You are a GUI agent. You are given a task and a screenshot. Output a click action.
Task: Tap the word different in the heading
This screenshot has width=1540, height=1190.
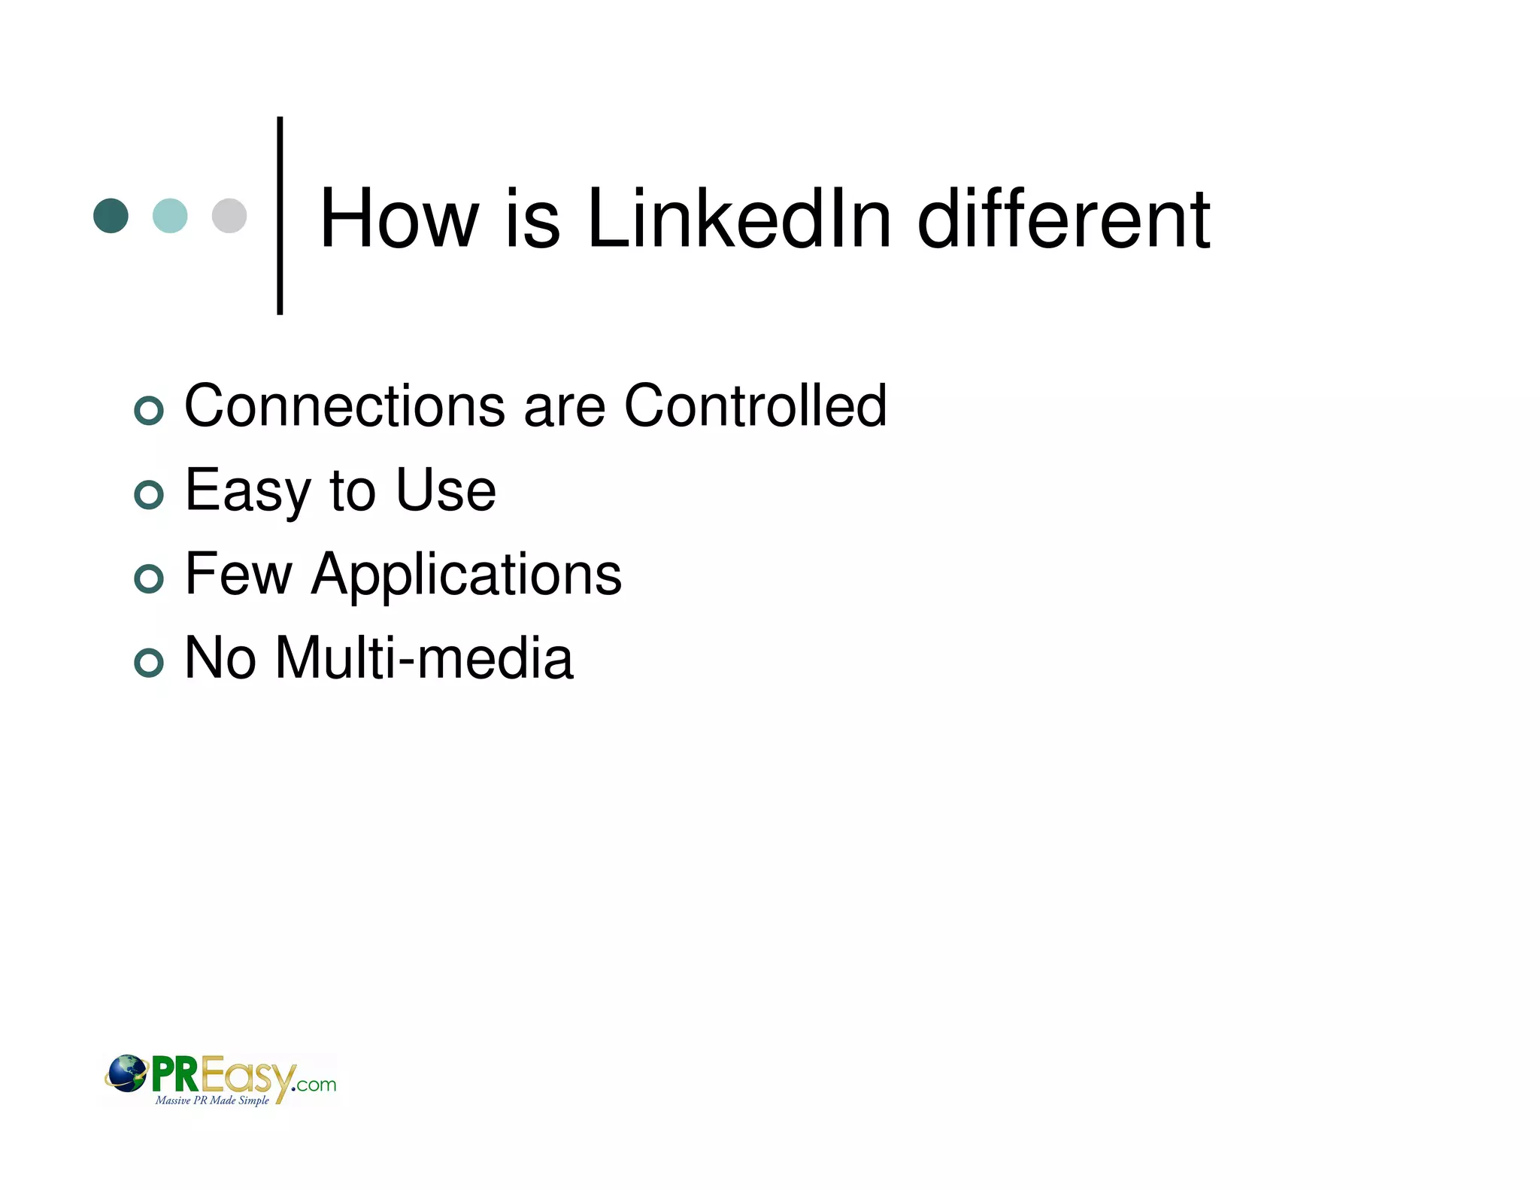[1063, 219]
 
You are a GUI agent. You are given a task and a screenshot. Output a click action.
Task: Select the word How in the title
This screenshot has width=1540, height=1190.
[399, 219]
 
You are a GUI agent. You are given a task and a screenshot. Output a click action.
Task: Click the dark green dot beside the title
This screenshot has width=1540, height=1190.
[111, 216]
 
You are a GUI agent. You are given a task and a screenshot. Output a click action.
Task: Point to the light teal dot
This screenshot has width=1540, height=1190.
[170, 216]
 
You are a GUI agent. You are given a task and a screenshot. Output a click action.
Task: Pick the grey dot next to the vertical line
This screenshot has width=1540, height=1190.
[229, 216]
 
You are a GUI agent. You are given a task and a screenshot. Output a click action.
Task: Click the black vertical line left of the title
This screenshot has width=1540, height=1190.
[280, 215]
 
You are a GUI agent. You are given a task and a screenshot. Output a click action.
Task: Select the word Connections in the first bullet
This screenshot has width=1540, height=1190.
[344, 406]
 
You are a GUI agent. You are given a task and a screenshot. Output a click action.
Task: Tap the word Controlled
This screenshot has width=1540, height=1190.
[756, 406]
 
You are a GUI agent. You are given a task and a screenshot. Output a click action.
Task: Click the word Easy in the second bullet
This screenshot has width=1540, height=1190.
[247, 491]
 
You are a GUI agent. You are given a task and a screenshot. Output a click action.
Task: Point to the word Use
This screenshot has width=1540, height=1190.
[446, 490]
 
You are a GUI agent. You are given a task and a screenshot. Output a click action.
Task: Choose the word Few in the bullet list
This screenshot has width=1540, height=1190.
[238, 574]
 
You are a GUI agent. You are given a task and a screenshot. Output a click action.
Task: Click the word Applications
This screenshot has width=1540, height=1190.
[466, 575]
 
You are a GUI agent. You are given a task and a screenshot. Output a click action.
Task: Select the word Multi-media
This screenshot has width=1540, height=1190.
[424, 658]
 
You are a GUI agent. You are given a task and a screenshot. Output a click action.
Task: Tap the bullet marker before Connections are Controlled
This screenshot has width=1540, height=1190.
[149, 411]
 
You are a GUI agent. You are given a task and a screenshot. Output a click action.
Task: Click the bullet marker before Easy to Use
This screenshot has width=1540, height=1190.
[149, 495]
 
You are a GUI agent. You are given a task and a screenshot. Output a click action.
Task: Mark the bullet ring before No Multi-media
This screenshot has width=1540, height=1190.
[149, 663]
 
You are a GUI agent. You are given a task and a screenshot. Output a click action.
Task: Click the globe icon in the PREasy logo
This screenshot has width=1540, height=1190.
[126, 1073]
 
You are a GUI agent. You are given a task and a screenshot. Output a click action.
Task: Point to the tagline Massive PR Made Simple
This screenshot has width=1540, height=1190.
[212, 1100]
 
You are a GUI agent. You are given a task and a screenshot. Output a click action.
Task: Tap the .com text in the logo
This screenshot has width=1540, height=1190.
[316, 1085]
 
